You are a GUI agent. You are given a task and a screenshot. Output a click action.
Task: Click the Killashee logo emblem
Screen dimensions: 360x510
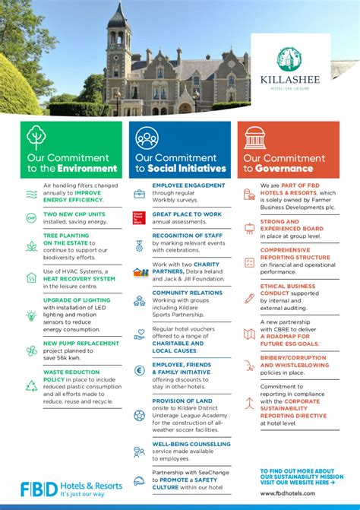[x=290, y=59]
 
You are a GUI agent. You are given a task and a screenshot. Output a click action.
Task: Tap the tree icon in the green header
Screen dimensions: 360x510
[x=36, y=138]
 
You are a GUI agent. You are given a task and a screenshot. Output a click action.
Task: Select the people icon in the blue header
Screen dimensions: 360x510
[x=147, y=138]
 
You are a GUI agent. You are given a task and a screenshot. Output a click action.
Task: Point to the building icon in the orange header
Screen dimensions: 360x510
[x=254, y=138]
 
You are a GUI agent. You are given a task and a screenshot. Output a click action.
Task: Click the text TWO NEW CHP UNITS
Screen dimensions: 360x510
[x=74, y=214]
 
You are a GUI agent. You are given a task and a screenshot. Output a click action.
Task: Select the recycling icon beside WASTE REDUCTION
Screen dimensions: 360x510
[x=31, y=385]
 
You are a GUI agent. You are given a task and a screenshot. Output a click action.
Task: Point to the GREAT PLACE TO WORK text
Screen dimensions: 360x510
[x=187, y=214]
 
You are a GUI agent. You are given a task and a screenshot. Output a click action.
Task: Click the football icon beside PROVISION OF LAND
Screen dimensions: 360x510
[x=139, y=415]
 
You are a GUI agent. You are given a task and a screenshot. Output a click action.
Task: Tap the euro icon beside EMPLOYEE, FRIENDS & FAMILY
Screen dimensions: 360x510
[x=139, y=370]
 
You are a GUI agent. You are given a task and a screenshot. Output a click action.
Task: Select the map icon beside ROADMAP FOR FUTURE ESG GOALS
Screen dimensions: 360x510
[x=249, y=334]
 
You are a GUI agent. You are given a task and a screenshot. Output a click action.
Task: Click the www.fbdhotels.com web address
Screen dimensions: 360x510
[x=285, y=493]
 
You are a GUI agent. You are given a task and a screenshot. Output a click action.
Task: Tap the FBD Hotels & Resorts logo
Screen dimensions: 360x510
[x=71, y=489]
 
